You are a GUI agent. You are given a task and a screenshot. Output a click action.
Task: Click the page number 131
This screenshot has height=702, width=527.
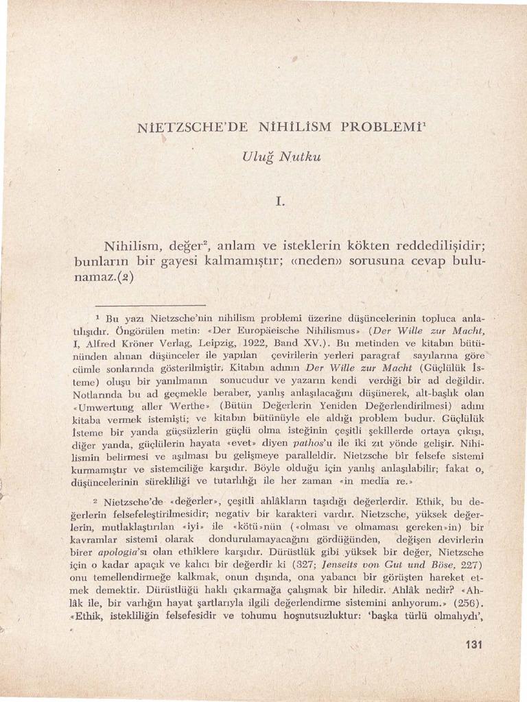tap(474, 644)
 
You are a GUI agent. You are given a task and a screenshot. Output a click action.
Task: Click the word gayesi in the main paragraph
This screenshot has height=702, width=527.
tap(169, 263)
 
